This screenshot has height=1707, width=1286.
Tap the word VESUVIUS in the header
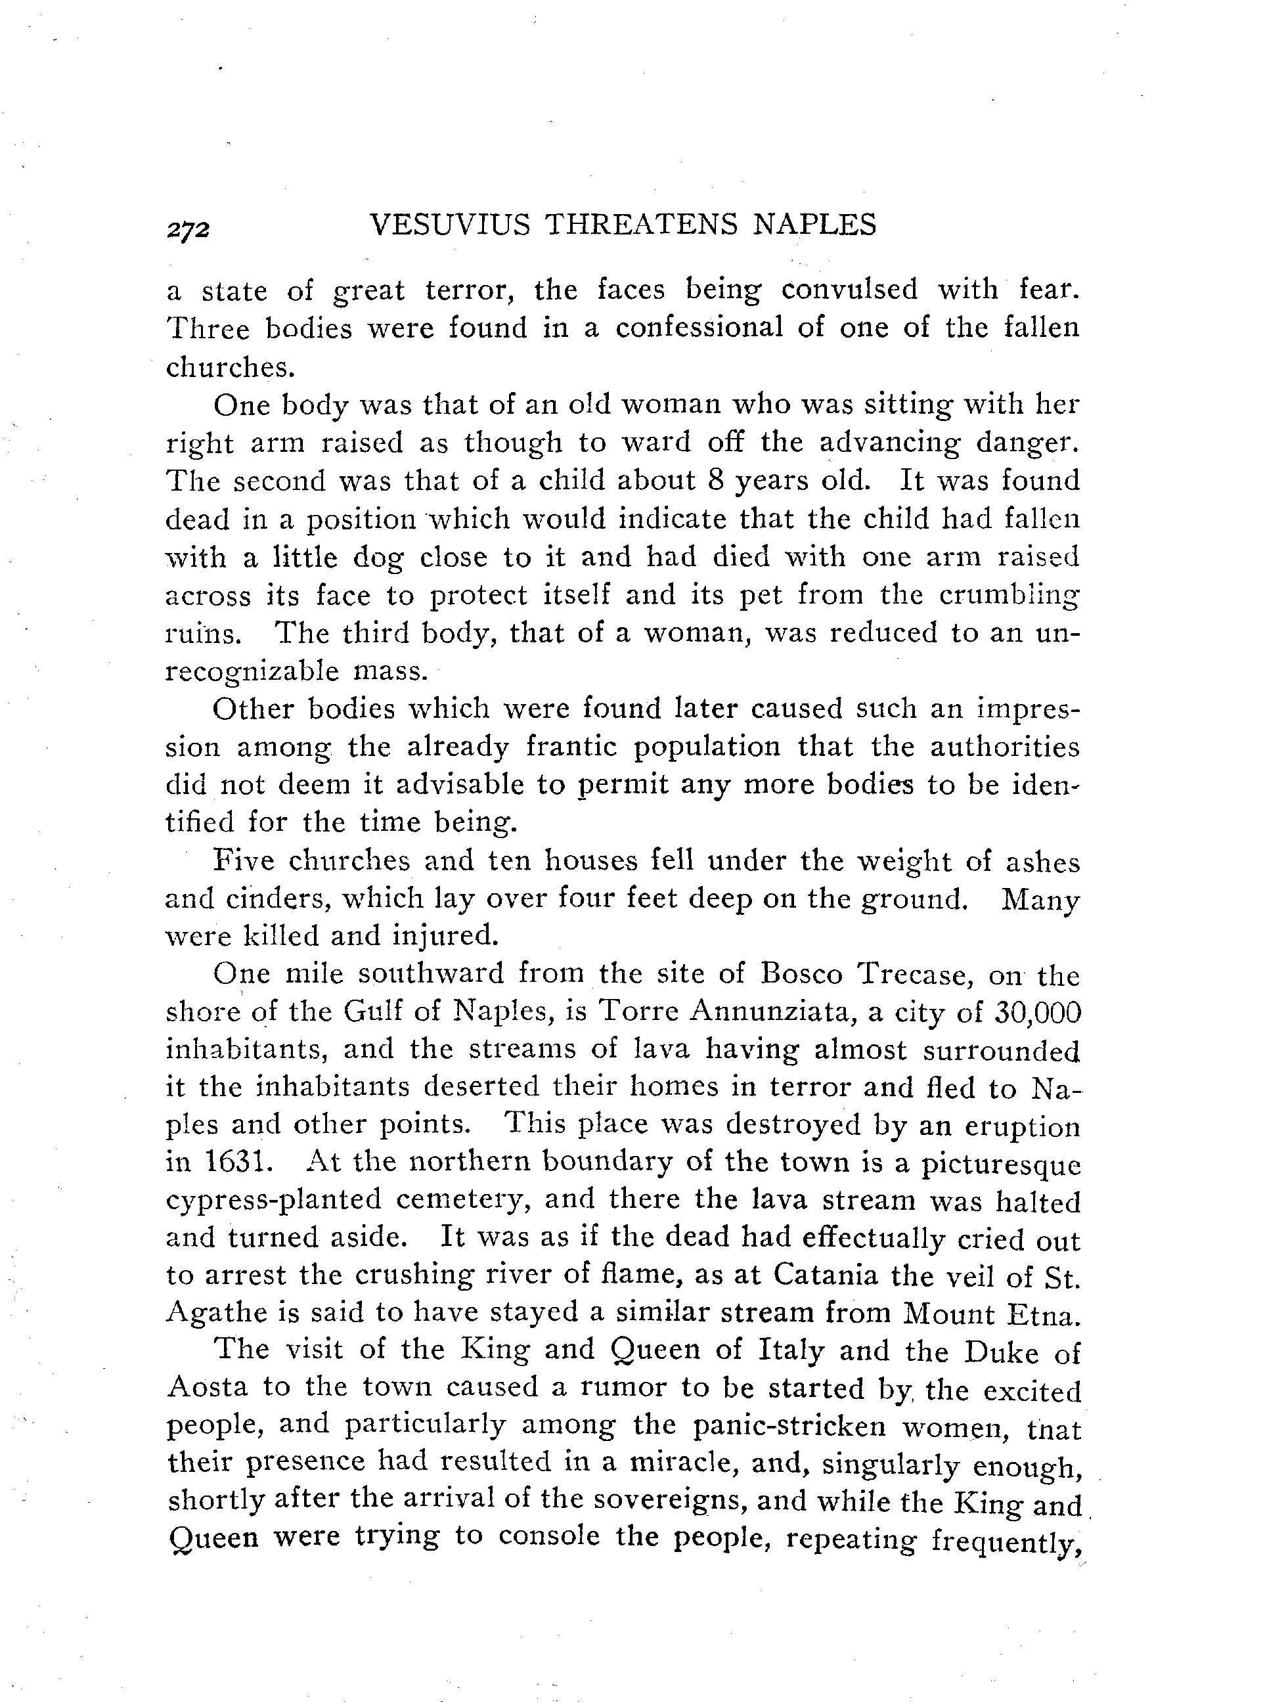[x=450, y=225]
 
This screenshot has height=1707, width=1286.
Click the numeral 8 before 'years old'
[x=714, y=481]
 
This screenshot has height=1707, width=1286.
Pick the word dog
[x=378, y=558]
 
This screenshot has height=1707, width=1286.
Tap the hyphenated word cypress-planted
[x=274, y=1201]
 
